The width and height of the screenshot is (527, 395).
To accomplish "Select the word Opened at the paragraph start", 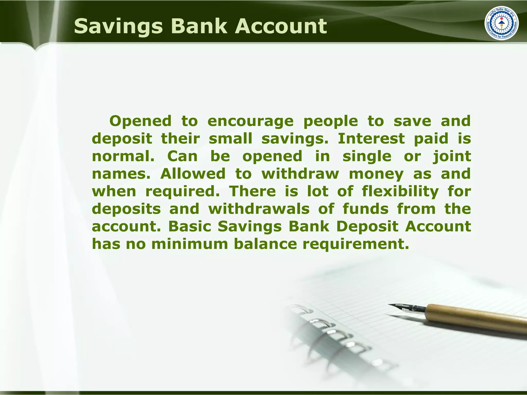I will coord(140,121).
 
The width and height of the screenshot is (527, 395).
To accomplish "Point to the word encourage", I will coord(250,121).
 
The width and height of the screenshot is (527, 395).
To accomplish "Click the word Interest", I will coord(371,138).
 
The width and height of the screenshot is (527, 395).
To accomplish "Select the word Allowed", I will coord(193,174).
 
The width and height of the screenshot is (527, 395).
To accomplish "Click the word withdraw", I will coord(300,174).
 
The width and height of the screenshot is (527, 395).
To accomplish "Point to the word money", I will coord(376,174).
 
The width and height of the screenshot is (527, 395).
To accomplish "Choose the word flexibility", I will coord(400,191).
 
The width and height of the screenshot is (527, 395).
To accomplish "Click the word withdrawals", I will coord(259,209).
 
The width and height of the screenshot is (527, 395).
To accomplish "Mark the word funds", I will coord(365,209).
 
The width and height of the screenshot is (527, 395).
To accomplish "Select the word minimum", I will coord(190,244).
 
